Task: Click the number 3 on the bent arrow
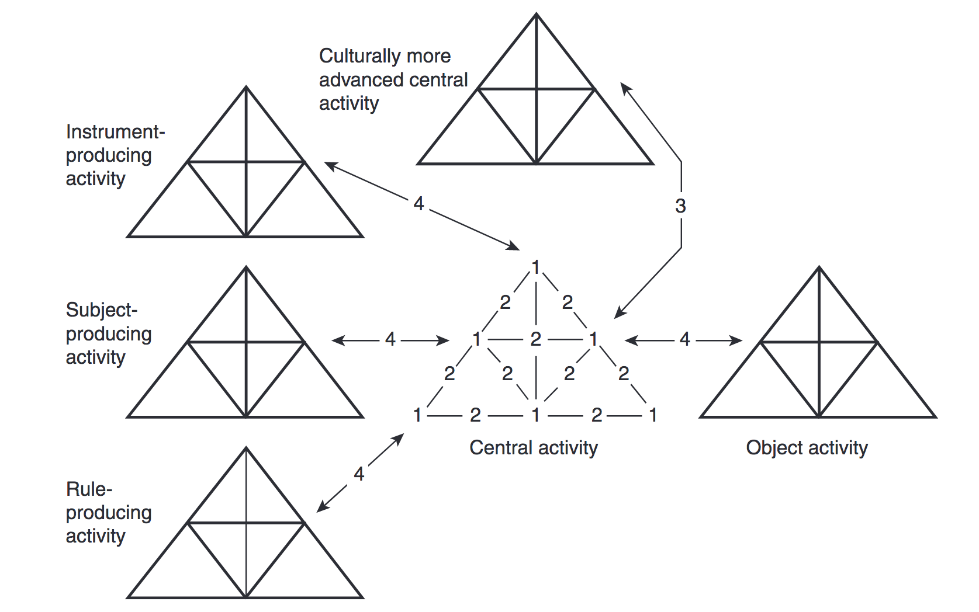coord(680,206)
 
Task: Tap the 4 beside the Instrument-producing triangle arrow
coord(418,203)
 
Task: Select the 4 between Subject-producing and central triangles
coord(390,339)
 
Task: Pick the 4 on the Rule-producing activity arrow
coord(359,474)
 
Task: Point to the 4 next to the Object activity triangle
coord(685,339)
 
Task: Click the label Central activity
coord(533,448)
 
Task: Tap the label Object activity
coord(807,448)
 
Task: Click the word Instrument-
coord(115,132)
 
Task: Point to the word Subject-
coord(102,310)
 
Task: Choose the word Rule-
coord(89,489)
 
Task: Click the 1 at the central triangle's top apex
coord(535,267)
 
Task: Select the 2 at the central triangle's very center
coord(535,339)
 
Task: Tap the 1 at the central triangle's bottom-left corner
coord(417,415)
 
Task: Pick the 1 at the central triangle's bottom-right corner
coord(653,415)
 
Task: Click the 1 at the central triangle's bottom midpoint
coord(535,415)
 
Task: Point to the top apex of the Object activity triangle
coord(819,268)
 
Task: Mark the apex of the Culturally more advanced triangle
coord(536,15)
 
